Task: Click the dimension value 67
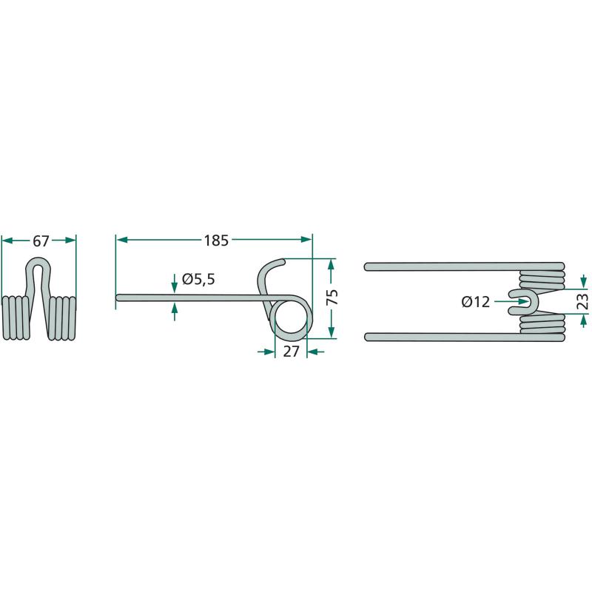pyautogui.click(x=41, y=241)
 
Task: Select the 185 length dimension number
pyautogui.click(x=216, y=240)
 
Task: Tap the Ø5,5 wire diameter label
pyautogui.click(x=198, y=280)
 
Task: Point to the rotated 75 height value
pyautogui.click(x=332, y=297)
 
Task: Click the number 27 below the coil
pyautogui.click(x=291, y=351)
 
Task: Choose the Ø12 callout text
pyautogui.click(x=476, y=302)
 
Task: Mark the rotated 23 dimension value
pyautogui.click(x=583, y=301)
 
